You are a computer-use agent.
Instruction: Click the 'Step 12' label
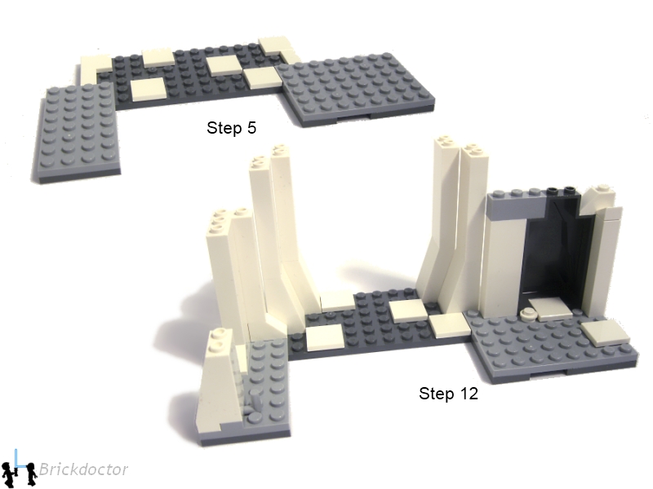pyautogui.click(x=448, y=394)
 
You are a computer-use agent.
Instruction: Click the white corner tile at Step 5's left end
pyautogui.click(x=96, y=67)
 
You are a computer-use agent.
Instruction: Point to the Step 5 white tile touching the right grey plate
pyautogui.click(x=262, y=77)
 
